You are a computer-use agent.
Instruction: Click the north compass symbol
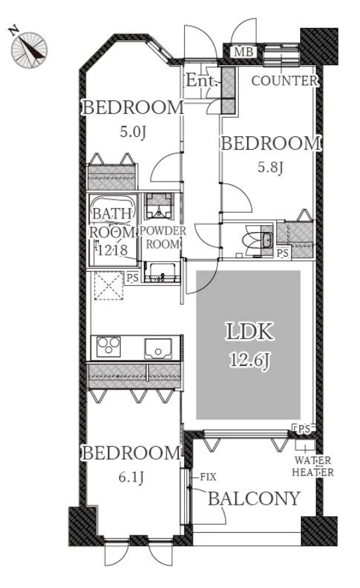tap(29, 49)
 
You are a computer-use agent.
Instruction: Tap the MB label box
tap(244, 52)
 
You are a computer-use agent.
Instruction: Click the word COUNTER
tap(285, 80)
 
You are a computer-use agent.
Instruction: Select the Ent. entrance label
tap(202, 80)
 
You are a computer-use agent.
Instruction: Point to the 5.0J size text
tap(132, 132)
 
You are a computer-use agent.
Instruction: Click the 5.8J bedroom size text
tap(270, 167)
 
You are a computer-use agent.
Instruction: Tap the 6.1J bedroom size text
tap(131, 478)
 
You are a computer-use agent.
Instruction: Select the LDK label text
tap(250, 331)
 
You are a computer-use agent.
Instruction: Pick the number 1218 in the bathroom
tap(113, 249)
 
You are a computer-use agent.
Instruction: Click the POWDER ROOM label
tap(163, 237)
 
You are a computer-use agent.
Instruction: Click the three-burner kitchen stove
tap(108, 347)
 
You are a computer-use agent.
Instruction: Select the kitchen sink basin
tap(158, 349)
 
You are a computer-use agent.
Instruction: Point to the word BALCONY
tap(254, 498)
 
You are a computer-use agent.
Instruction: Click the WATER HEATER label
tap(313, 466)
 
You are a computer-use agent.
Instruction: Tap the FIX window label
tap(208, 477)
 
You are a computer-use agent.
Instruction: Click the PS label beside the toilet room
tap(283, 253)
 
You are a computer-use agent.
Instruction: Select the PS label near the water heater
tap(304, 429)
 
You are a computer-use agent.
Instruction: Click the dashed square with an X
tap(109, 286)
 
